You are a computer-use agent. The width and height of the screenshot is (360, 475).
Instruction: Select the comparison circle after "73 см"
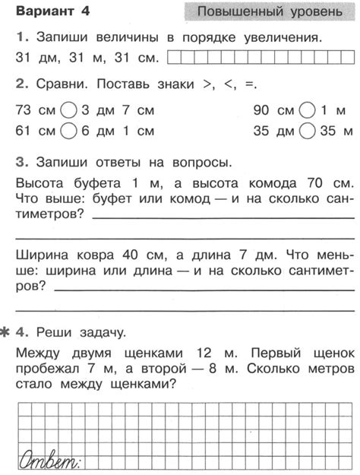coord(69,111)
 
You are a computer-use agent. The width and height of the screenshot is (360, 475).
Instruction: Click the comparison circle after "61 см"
coord(69,131)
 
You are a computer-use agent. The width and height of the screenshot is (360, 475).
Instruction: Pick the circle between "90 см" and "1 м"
coord(308,111)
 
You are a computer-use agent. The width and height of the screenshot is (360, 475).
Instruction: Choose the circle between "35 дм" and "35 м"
coord(308,131)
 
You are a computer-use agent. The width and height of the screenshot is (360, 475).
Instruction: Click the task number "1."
coord(20,36)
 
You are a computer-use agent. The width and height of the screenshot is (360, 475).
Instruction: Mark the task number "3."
coord(21,162)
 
